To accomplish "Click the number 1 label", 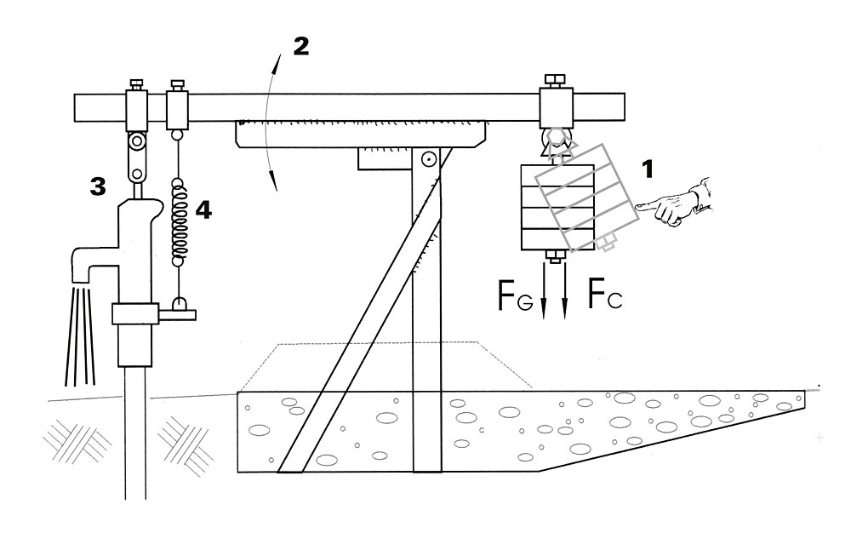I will pos(649,169).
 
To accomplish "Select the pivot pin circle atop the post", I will pos(429,158).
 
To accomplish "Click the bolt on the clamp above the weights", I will pos(552,82).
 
